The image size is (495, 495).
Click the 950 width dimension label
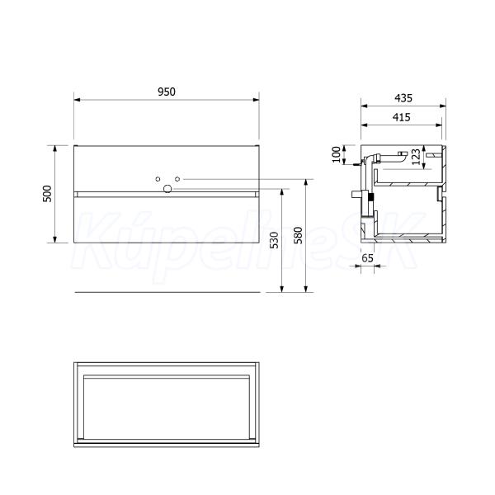167,92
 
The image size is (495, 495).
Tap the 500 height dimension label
47,194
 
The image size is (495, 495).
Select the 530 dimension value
275,240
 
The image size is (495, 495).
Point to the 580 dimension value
298,235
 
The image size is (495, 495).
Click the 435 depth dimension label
403,98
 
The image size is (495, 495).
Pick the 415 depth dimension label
402,117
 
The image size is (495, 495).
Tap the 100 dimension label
337,154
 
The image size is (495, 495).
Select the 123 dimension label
416,157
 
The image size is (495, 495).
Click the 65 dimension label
367,258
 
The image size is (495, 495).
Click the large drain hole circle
167,189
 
